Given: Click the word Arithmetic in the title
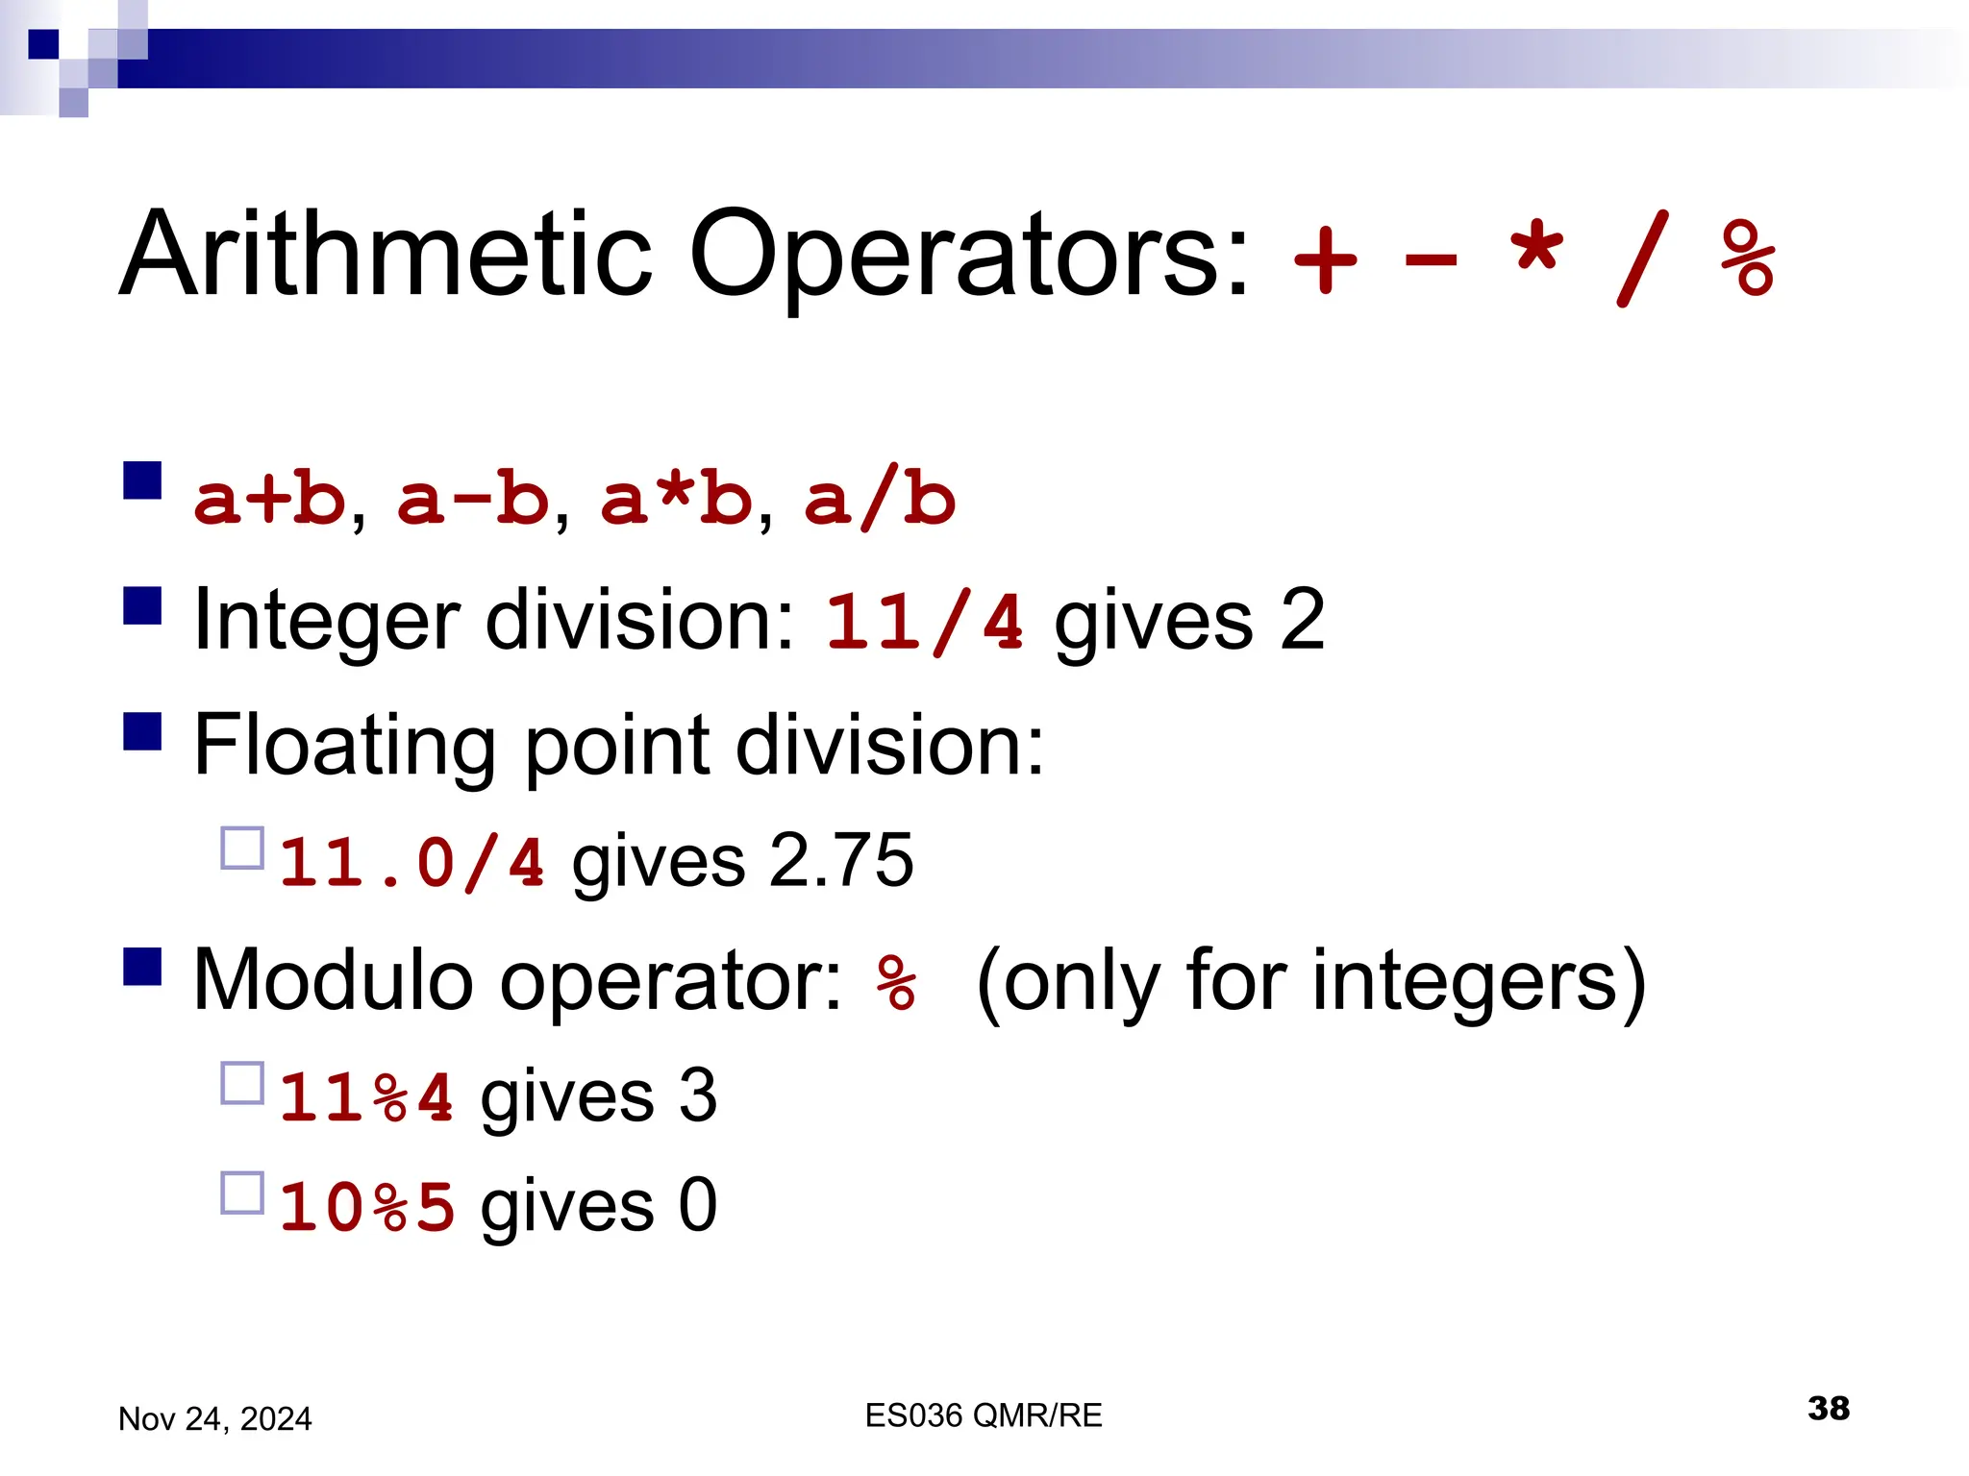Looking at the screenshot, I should point(385,254).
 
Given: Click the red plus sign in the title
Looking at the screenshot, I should point(1326,259).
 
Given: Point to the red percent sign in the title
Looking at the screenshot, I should point(1748,258).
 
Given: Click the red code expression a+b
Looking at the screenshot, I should point(269,500).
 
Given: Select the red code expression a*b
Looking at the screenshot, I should point(676,500).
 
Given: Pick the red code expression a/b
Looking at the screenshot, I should point(880,500).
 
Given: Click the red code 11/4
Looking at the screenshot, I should point(924,622).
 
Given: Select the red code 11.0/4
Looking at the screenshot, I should point(411,861).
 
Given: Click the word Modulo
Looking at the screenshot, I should point(333,980).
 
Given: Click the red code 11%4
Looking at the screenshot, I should point(366,1096).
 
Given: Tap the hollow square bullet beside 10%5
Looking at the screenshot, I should point(242,1193).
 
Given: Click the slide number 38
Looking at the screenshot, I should point(1828,1409).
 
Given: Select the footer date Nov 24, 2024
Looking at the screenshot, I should point(214,1419).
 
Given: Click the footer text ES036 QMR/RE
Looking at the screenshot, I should point(983,1415).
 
